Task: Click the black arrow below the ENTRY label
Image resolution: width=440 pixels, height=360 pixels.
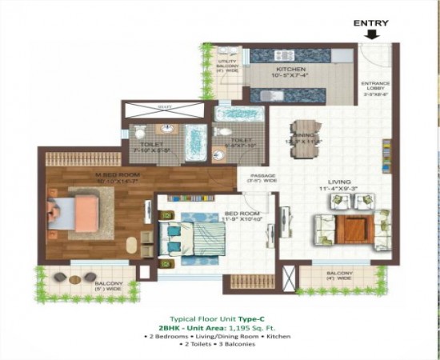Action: coord(372,34)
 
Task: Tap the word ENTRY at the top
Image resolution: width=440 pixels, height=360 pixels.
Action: coord(372,22)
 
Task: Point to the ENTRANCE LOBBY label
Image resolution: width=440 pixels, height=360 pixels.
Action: coord(375,86)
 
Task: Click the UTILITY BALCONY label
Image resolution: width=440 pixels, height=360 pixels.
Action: coord(226,65)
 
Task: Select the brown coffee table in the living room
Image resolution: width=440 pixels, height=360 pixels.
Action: coord(351,229)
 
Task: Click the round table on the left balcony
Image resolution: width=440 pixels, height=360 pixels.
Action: coord(74,278)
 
